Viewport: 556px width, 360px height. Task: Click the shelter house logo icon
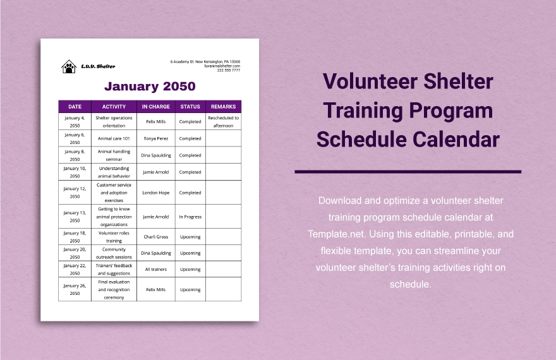68,66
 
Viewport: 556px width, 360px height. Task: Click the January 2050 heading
150,86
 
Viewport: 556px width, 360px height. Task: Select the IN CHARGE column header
155,107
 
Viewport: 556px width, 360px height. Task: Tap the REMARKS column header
223,107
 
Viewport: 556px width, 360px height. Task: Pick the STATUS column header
190,107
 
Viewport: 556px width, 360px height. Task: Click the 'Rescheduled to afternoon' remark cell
223,122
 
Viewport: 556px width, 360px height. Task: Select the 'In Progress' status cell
190,217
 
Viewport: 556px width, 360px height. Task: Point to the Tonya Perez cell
155,138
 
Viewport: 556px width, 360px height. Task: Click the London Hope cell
155,193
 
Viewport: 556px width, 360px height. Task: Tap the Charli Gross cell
155,237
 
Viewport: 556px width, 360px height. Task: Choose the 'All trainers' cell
155,269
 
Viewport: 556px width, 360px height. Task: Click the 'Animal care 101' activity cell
114,138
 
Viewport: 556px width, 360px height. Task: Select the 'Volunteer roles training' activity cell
114,237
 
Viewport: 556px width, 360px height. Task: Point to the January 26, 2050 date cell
75,289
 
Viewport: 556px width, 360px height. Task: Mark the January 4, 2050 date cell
75,122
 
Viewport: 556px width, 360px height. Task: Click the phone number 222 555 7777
228,70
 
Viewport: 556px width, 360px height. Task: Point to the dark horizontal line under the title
408,171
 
